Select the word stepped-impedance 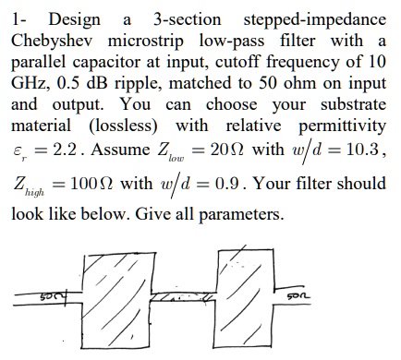[x=312, y=18]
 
